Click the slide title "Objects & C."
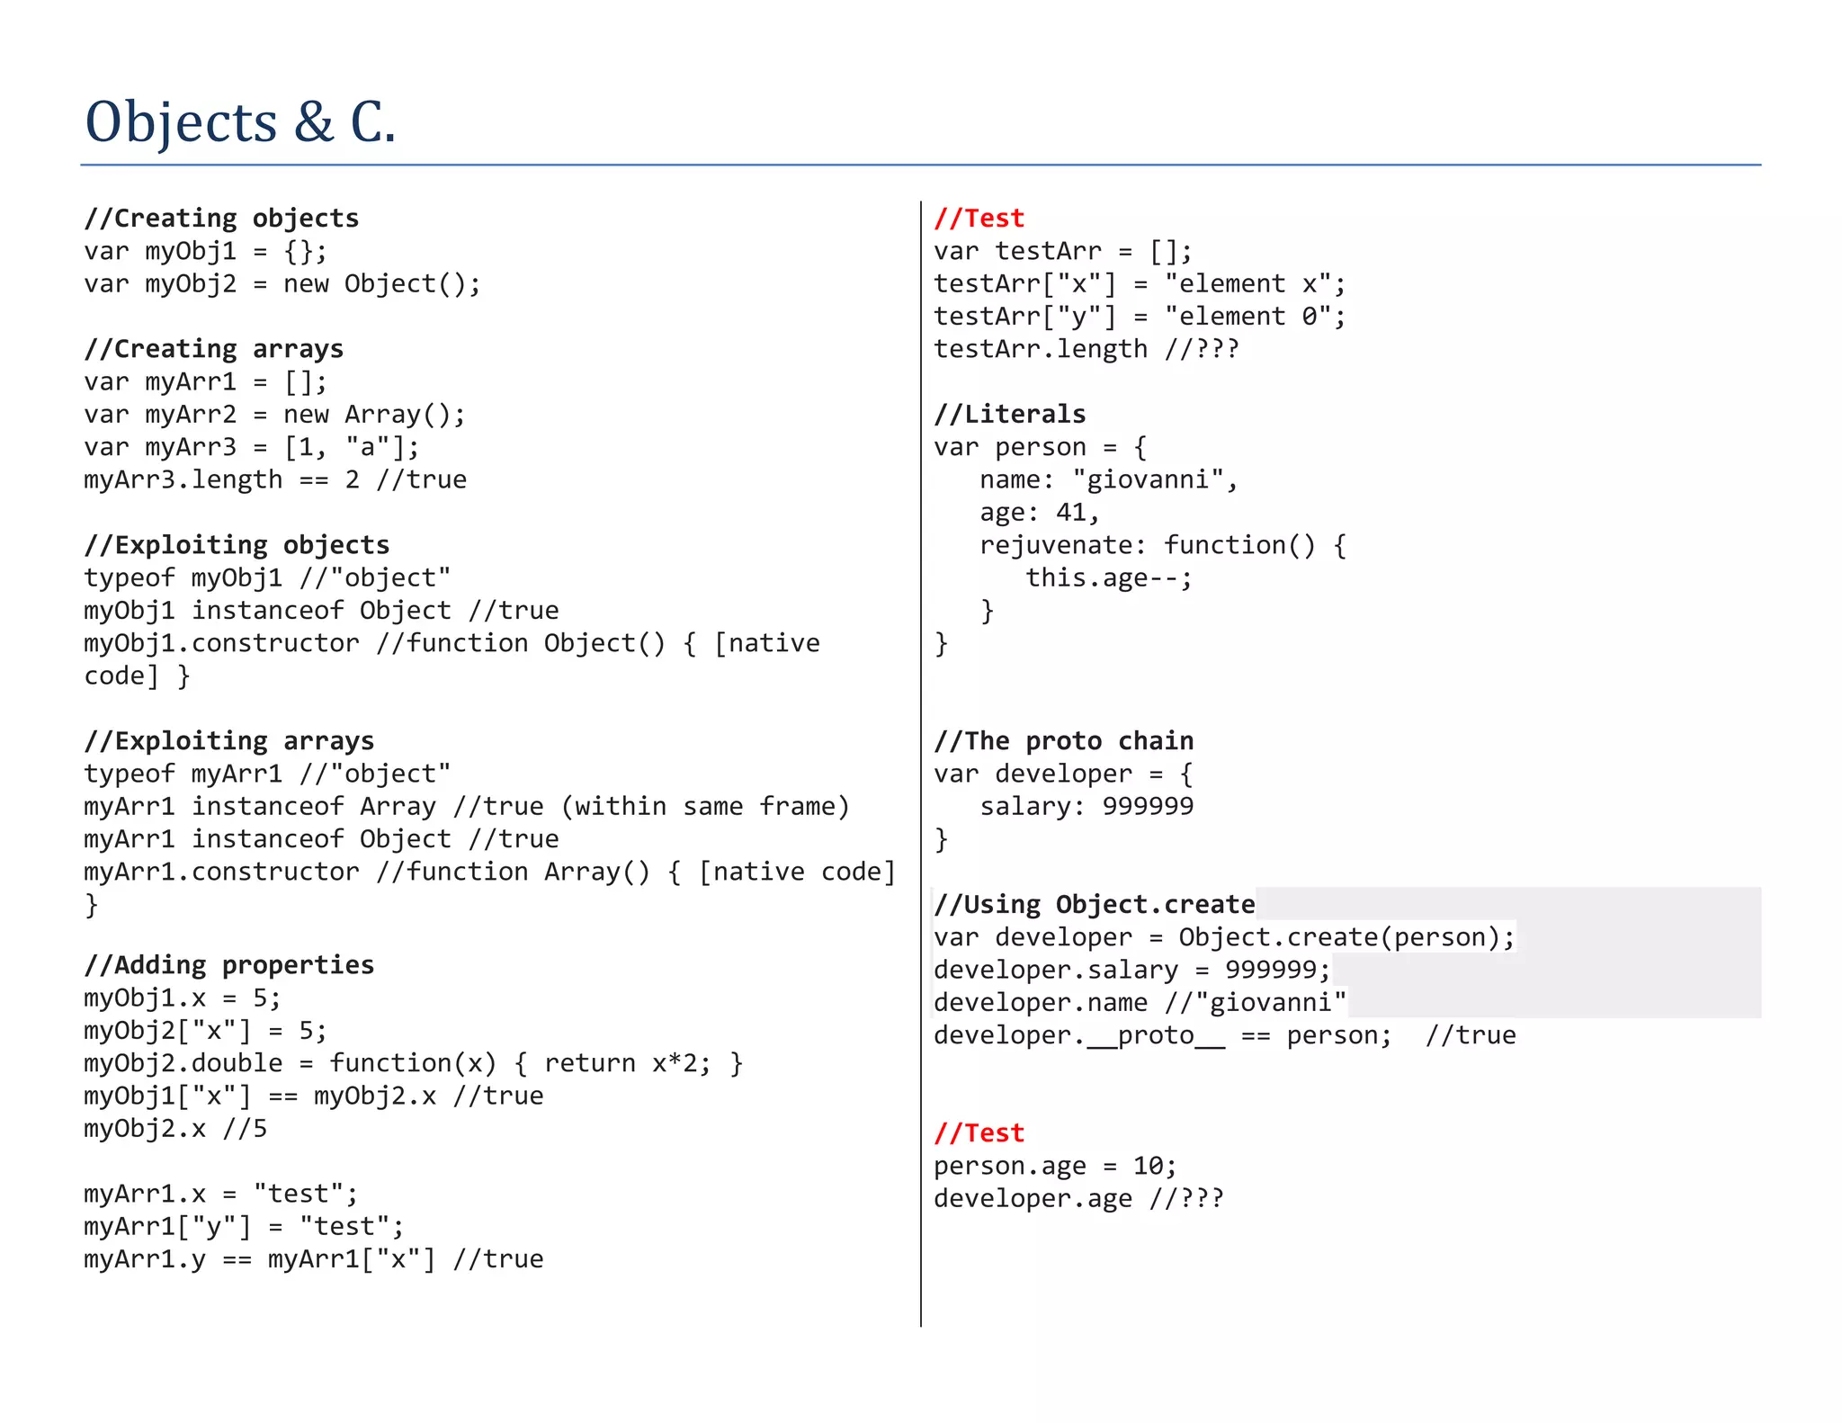(240, 122)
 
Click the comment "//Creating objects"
(221, 219)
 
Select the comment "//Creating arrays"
(214, 349)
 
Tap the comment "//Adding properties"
(229, 965)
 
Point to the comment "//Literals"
(1010, 415)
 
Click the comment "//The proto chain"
(1064, 741)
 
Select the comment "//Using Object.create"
(1095, 905)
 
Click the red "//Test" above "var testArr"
(979, 219)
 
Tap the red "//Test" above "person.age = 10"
(979, 1133)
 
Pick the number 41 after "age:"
(1070, 513)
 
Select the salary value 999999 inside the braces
(1149, 807)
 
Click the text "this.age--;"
(1110, 578)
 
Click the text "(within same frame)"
(706, 807)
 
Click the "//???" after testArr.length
(1202, 349)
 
